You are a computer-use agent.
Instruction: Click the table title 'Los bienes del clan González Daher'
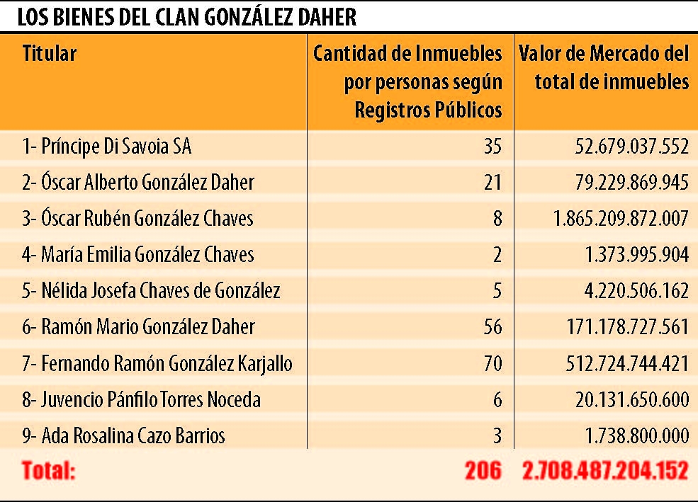[187, 17]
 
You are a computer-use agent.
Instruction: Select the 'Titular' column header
[49, 53]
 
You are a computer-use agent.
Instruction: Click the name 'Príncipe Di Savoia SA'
[106, 147]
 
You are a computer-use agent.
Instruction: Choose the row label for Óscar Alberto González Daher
[137, 183]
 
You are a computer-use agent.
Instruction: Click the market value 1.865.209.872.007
[621, 219]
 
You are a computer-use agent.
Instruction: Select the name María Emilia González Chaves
[137, 254]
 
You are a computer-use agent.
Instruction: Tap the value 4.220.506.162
[632, 291]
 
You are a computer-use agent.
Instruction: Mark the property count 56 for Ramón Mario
[491, 327]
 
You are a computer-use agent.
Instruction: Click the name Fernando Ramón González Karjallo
[157, 364]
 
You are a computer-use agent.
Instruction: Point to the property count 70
[491, 364]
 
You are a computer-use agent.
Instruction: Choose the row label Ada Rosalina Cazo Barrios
[123, 435]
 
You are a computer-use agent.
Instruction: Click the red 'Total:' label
[48, 471]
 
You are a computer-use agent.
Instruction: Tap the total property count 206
[483, 471]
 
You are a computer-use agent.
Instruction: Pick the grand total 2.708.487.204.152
[605, 471]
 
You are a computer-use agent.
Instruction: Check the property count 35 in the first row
[491, 147]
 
